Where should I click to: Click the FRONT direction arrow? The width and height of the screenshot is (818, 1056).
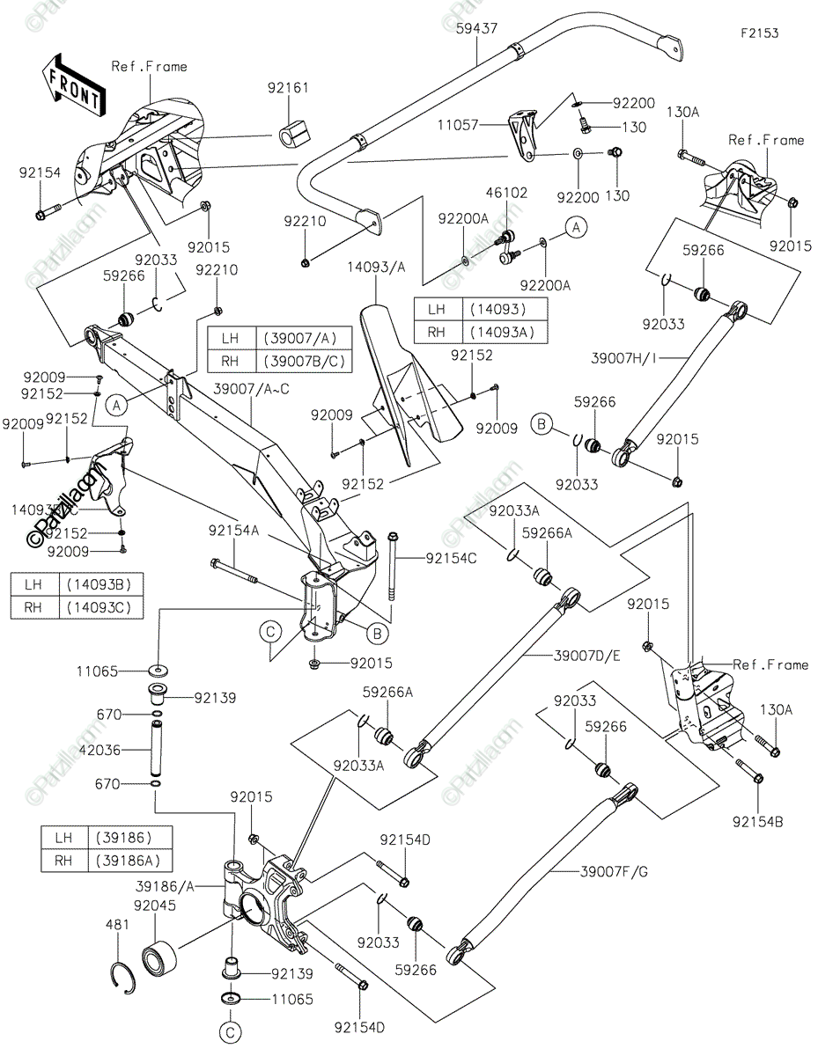point(70,84)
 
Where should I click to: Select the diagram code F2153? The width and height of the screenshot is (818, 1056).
point(759,33)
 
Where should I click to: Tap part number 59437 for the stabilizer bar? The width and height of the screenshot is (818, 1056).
point(476,28)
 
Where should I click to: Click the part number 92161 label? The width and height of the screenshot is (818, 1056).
point(289,88)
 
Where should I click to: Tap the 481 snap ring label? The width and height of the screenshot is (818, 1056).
point(118,925)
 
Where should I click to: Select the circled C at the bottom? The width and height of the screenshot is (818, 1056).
point(231,1031)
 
